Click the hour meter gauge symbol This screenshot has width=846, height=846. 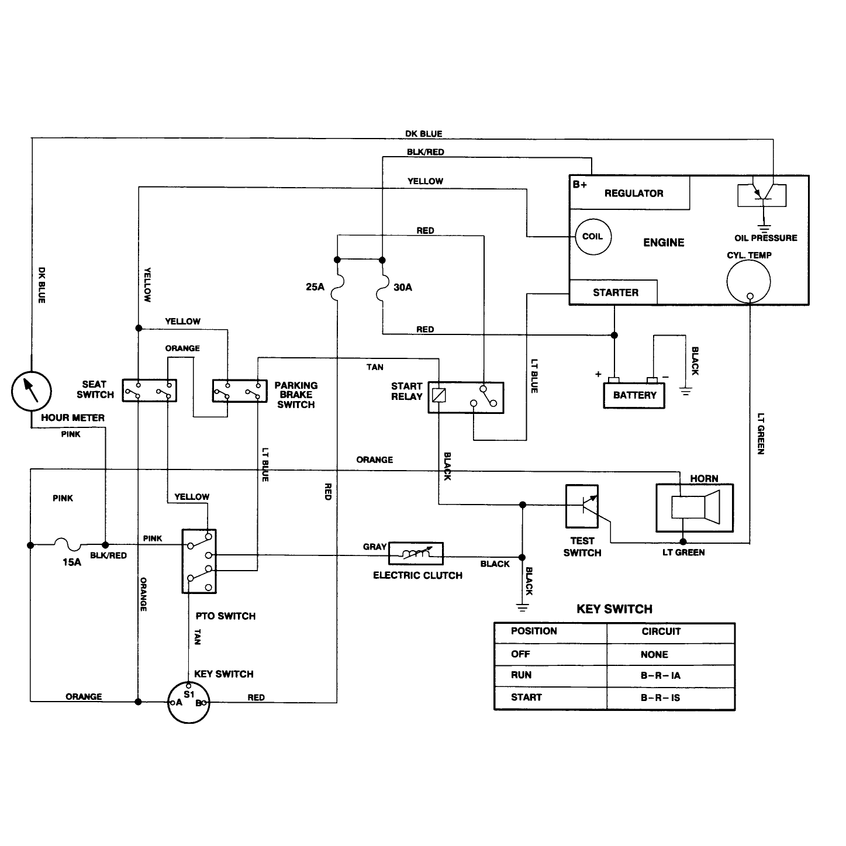[x=31, y=391]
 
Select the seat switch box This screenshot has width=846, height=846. [x=149, y=391]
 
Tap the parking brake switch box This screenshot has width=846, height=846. [x=240, y=391]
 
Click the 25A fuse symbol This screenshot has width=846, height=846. [x=337, y=288]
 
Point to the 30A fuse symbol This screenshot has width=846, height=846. [x=382, y=288]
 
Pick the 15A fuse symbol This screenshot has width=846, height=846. [x=68, y=544]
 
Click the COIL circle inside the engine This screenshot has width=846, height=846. [x=593, y=237]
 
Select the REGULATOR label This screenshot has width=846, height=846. [x=634, y=194]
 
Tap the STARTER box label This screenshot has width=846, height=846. [x=616, y=293]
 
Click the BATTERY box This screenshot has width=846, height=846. [x=634, y=396]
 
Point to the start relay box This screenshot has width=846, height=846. [x=466, y=398]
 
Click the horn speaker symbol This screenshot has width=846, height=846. [x=695, y=507]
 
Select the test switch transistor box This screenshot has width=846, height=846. [x=582, y=506]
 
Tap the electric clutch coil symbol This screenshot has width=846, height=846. [x=416, y=553]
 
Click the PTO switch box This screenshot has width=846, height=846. [x=199, y=561]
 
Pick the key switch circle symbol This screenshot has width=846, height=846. [x=189, y=703]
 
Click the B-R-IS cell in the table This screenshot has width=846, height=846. [x=660, y=697]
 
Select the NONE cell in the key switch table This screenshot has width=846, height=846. [x=654, y=655]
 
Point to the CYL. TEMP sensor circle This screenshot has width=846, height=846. [x=748, y=281]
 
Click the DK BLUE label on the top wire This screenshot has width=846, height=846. [x=424, y=133]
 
